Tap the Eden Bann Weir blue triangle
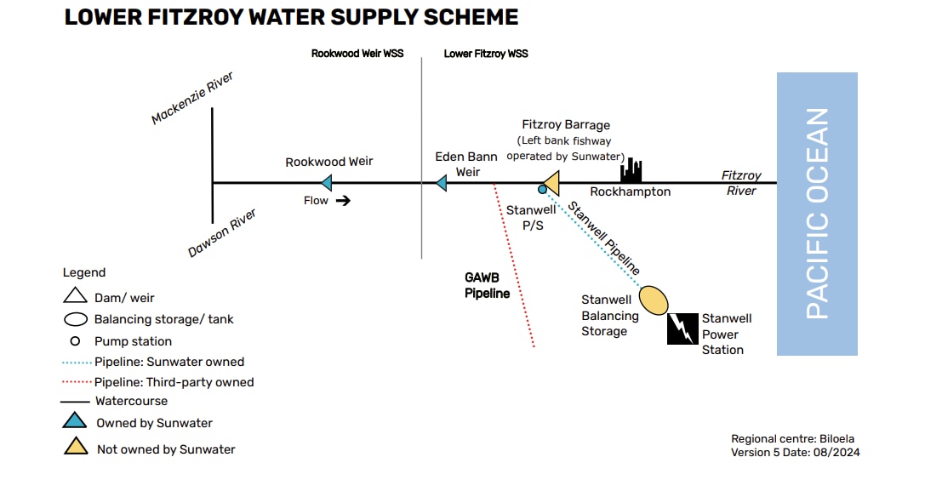click(441, 182)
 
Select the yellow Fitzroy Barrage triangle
click(551, 182)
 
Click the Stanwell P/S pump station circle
click(542, 190)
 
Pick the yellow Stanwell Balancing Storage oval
click(654, 300)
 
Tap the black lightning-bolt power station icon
click(682, 329)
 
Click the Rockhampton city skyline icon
click(631, 171)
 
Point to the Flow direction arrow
click(342, 201)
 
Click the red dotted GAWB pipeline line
click(516, 268)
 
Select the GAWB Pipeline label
click(487, 285)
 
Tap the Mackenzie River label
click(192, 99)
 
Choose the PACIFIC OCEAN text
click(817, 214)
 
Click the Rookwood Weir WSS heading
click(357, 54)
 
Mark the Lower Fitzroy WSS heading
click(486, 54)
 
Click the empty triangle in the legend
click(76, 296)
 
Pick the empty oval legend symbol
click(77, 320)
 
